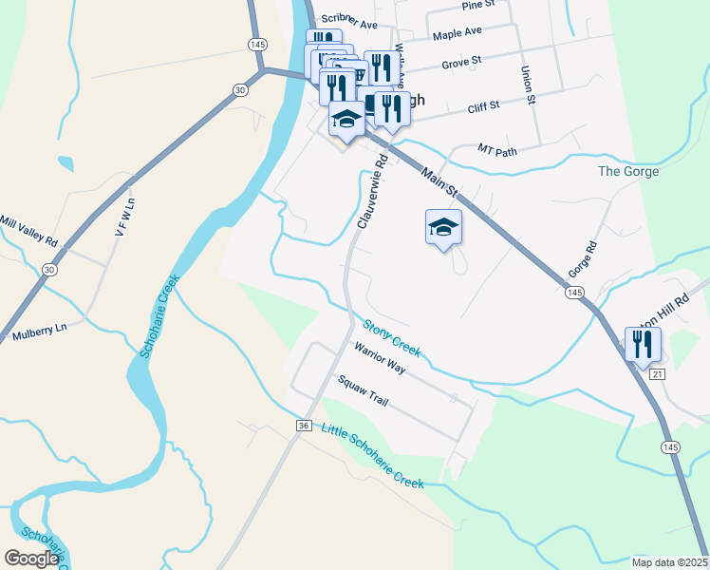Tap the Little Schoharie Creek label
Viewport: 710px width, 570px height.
pyautogui.click(x=372, y=455)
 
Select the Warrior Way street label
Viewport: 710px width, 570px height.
pyautogui.click(x=380, y=359)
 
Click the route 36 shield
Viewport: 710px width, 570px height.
pyautogui.click(x=304, y=425)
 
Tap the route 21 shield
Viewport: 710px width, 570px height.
pyautogui.click(x=660, y=375)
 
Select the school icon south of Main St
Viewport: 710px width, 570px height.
pyautogui.click(x=443, y=227)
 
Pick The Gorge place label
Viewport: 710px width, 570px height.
pyautogui.click(x=628, y=171)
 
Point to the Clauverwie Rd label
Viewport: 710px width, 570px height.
pyautogui.click(x=369, y=199)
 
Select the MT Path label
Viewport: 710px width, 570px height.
pyautogui.click(x=497, y=150)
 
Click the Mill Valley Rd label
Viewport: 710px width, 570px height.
pyautogui.click(x=30, y=226)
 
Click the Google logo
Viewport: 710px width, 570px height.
pyautogui.click(x=30, y=558)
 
